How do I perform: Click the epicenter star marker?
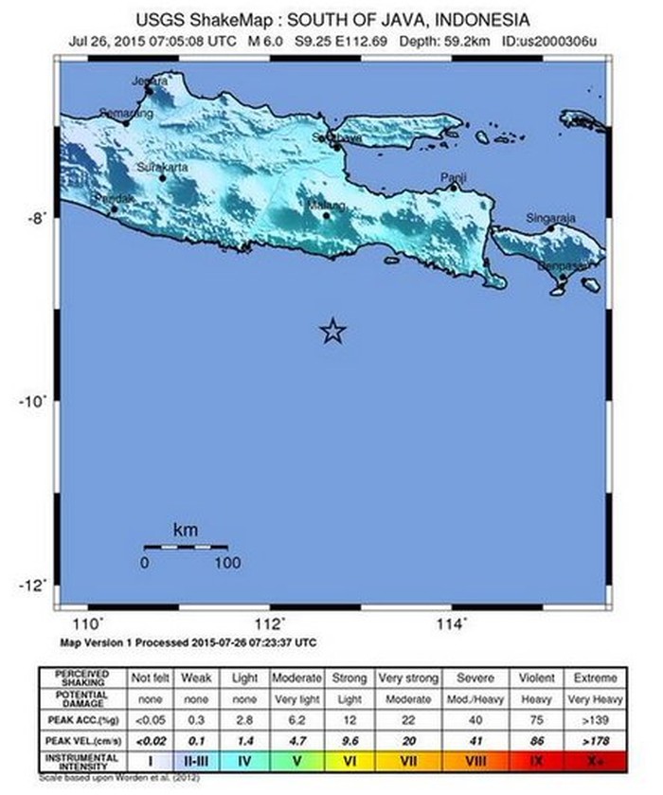[332, 331]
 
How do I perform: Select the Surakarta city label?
[163, 167]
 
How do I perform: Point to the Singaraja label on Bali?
[551, 218]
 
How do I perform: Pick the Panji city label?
[454, 177]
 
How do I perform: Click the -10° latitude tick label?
[32, 401]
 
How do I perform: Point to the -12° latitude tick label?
[32, 585]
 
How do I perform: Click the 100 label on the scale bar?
[226, 563]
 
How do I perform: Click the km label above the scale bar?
[186, 530]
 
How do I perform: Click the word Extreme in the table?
[595, 678]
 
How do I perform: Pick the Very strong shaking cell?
[409, 678]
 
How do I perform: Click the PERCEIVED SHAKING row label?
[83, 678]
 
